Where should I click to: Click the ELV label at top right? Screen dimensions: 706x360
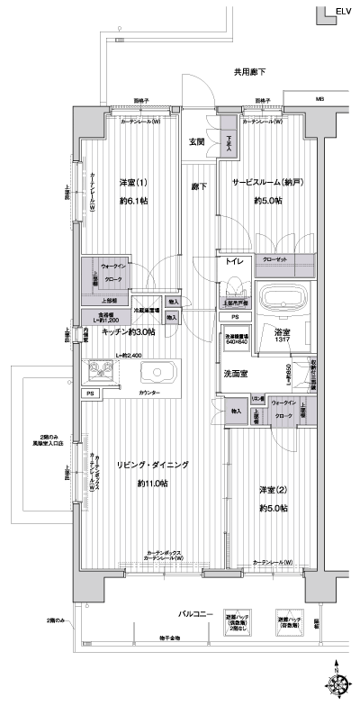[344, 11]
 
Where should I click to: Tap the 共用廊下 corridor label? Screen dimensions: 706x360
[251, 72]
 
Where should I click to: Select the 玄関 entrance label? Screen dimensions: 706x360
[197, 141]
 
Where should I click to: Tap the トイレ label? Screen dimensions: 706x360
[234, 260]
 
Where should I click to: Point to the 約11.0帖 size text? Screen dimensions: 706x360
[150, 484]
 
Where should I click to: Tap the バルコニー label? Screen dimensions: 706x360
[193, 614]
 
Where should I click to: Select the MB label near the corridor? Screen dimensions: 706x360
[319, 99]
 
